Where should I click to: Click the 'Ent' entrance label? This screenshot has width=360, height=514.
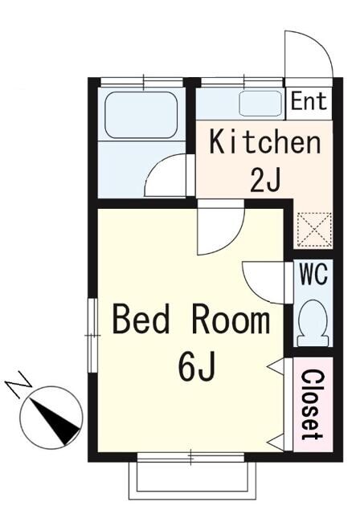(309, 101)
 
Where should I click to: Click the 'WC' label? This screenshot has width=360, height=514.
(313, 274)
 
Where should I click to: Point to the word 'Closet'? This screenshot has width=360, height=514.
(313, 405)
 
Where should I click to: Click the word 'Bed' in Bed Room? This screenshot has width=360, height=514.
(141, 319)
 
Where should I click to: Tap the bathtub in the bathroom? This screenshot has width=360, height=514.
(141, 116)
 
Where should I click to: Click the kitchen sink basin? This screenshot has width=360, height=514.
(260, 104)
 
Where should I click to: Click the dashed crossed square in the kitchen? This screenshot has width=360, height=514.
(314, 230)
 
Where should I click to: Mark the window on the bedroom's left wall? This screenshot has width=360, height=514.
(92, 336)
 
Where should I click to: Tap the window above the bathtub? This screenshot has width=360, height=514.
(141, 81)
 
